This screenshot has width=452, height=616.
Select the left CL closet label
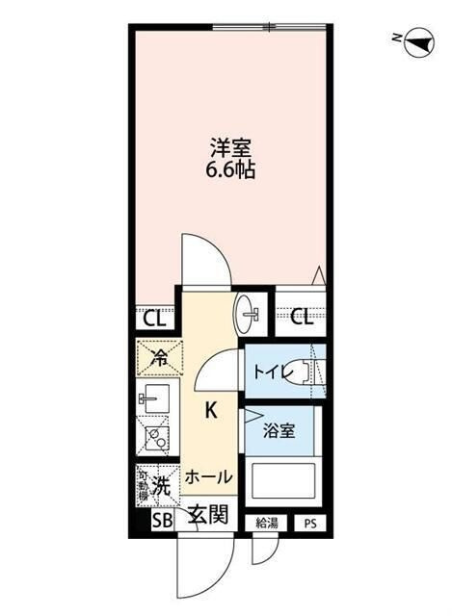(x=152, y=319)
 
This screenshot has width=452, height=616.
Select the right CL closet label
(x=300, y=319)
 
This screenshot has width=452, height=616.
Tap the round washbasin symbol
(x=248, y=311)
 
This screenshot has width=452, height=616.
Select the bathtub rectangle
(x=283, y=481)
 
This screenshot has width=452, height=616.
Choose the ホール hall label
(x=207, y=476)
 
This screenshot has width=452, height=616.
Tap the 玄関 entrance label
(x=206, y=515)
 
